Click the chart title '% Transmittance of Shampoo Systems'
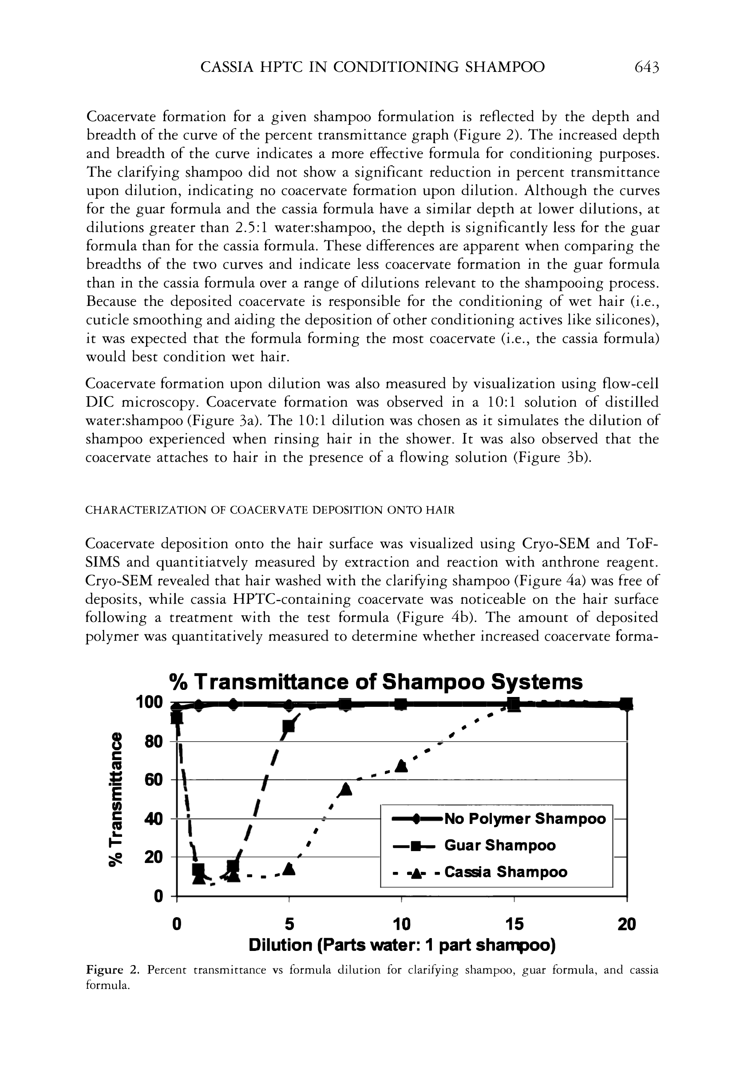tap(375, 682)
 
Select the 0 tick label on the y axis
tap(158, 896)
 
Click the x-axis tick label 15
tap(514, 923)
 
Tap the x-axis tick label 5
tap(289, 923)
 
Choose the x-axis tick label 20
tap(626, 923)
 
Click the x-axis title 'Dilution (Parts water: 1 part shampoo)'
tap(402, 945)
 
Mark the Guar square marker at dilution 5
tap(289, 727)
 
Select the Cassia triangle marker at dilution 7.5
tap(346, 789)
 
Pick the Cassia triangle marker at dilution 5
tap(289, 869)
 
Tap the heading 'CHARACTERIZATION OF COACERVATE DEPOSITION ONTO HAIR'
tap(270, 510)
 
